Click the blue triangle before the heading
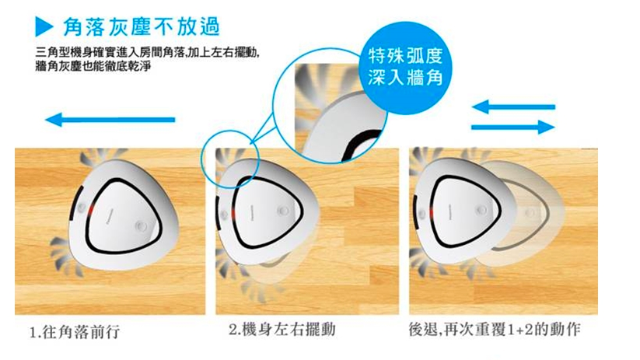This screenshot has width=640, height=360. (44, 26)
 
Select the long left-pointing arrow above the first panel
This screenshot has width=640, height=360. (110, 120)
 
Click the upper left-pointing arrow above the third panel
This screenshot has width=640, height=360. (513, 107)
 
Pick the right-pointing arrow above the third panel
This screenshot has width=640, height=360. (513, 127)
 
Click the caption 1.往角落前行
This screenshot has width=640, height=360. (75, 332)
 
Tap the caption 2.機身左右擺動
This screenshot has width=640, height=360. (282, 330)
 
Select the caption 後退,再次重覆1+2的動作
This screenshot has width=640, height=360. (495, 329)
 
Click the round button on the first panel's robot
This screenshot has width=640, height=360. (142, 225)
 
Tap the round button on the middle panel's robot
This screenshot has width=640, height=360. (282, 211)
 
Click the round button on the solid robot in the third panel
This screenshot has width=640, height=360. (481, 210)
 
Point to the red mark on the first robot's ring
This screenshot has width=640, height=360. (89, 210)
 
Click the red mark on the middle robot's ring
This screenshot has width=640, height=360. (233, 215)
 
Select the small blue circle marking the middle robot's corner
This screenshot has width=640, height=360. (231, 159)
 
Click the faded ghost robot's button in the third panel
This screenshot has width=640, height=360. (530, 212)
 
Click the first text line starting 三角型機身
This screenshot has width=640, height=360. (147, 53)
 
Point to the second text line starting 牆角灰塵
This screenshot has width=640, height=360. (93, 66)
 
